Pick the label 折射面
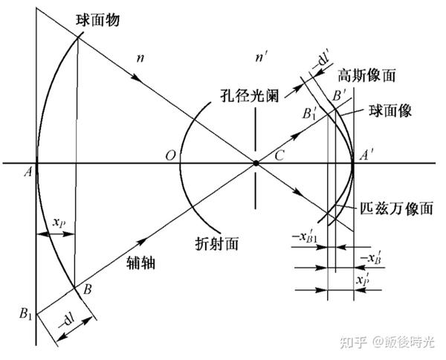pyautogui.click(x=216, y=242)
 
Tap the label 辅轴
pyautogui.click(x=142, y=265)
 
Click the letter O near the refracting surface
pyautogui.click(x=171, y=155)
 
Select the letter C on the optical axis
pyautogui.click(x=279, y=155)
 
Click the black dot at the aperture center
pyautogui.click(x=256, y=163)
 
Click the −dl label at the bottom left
pyautogui.click(x=69, y=322)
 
